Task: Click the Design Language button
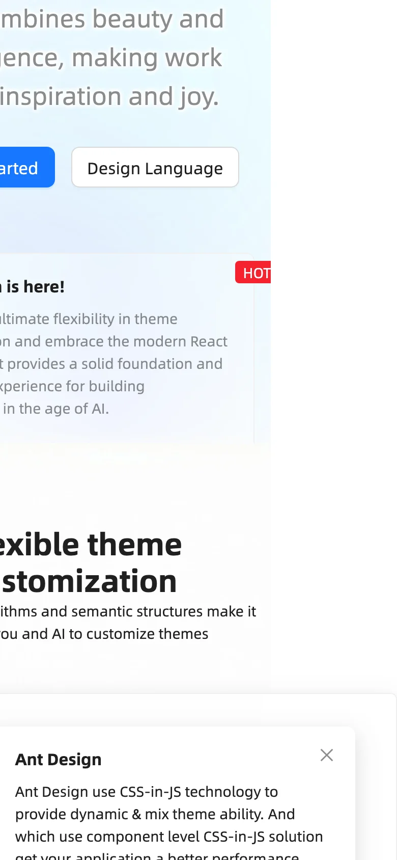pos(155,168)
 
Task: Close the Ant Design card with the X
pos(327,755)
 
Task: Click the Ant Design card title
pos(59,760)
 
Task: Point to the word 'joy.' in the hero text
pos(198,97)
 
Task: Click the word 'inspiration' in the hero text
pos(61,97)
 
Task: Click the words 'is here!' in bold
pos(36,287)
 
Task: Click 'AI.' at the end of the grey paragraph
pos(100,409)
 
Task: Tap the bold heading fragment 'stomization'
pos(90,581)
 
